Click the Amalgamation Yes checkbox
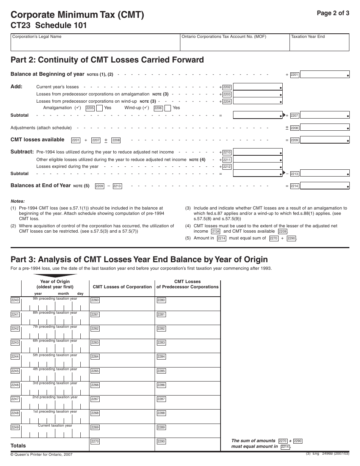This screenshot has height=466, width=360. pos(99,108)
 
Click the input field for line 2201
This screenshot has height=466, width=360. pos(325,75)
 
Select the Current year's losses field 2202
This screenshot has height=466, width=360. pos(258,87)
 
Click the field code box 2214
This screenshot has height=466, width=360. pos(294,186)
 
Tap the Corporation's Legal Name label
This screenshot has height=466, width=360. pos(37,37)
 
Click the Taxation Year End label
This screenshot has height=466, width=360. pos(308,37)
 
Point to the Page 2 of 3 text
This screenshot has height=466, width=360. pos(333,13)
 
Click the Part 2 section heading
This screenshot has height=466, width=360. pos(107,60)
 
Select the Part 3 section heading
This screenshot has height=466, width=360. pos(139,260)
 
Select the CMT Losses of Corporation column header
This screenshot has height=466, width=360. pos(122,287)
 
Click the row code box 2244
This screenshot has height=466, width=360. pos(15,357)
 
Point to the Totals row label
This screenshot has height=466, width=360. pos(18,446)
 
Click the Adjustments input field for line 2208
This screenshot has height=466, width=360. pos(325,128)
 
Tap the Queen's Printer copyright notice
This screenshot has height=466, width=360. pos(41,454)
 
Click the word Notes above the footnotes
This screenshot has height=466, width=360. pos(17,201)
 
